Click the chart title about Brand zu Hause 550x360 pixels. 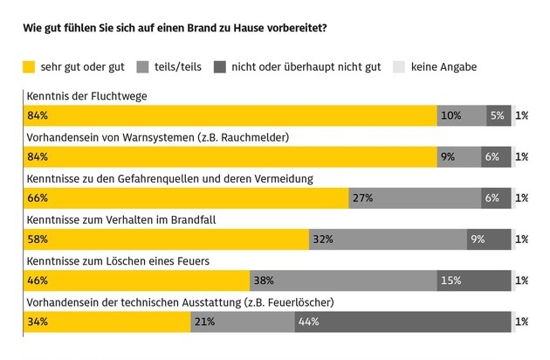coord(175,27)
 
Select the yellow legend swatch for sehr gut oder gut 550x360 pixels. coord(29,66)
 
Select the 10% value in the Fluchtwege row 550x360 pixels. coord(451,115)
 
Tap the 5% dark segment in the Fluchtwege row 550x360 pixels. coord(498,115)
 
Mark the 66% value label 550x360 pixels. coord(38,198)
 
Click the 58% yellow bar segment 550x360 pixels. coord(165,239)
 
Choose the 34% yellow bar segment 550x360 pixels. coord(106,322)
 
